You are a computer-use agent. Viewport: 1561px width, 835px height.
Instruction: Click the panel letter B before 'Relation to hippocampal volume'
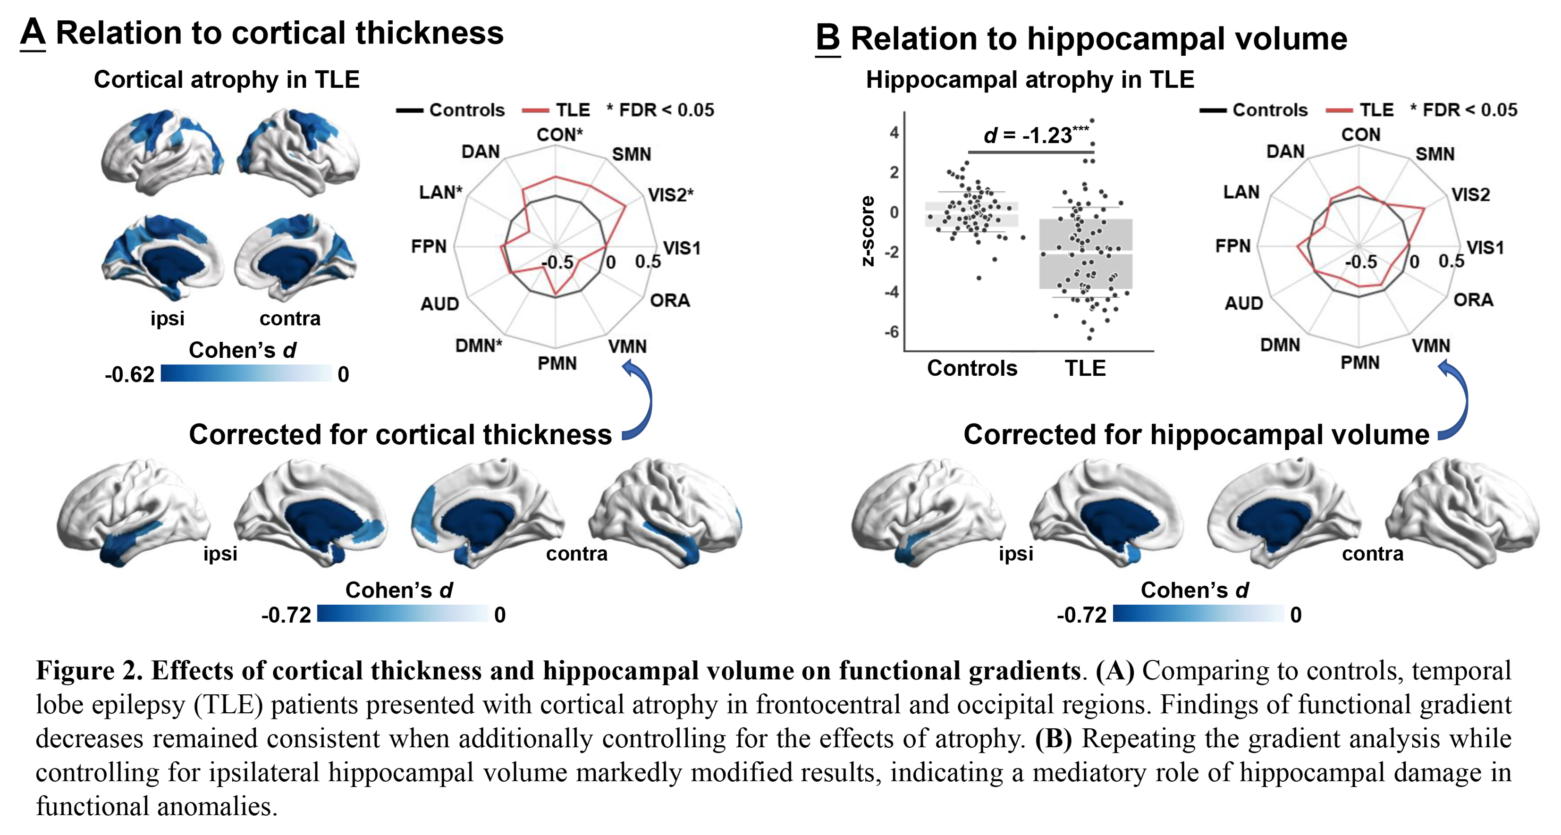pos(828,38)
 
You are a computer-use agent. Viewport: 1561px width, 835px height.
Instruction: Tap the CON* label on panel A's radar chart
pos(559,135)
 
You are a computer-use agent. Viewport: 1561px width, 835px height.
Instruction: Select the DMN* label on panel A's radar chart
pos(479,346)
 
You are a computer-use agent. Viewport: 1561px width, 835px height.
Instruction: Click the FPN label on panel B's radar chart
pos(1232,246)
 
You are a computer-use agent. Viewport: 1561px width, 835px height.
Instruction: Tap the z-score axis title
pos(868,231)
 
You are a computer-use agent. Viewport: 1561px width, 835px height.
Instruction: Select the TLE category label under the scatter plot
pos(1085,368)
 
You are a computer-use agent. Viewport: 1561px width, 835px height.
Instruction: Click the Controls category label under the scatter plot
pos(972,368)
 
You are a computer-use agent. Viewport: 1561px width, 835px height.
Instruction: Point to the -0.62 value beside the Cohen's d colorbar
pos(129,374)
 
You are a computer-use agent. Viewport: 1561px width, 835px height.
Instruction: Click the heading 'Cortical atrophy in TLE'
pos(227,79)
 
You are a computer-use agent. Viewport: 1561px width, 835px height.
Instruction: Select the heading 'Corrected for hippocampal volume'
pos(1196,434)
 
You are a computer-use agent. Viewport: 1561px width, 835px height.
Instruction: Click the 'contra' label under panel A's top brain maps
pos(290,318)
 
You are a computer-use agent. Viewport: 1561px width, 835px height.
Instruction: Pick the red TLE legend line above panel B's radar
pos(1339,110)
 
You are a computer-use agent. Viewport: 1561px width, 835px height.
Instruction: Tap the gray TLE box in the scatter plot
pos(1085,253)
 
